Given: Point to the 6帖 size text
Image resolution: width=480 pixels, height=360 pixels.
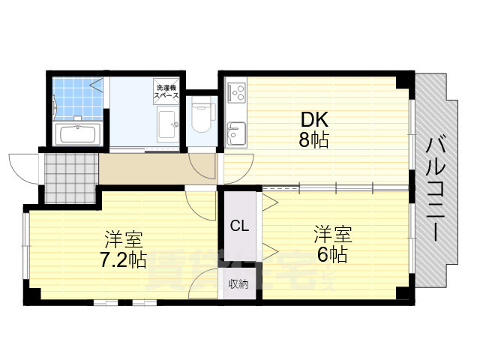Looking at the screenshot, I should (x=331, y=255).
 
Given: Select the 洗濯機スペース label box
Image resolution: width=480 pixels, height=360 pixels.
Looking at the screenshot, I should (x=166, y=91).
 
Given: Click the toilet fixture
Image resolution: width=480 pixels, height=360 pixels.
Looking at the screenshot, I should (x=200, y=115).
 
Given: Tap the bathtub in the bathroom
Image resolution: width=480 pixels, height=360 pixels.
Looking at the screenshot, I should (x=78, y=136).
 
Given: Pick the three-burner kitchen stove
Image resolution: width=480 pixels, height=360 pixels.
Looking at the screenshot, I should (x=238, y=94).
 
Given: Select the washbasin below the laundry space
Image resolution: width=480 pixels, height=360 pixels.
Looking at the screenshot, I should (x=166, y=123).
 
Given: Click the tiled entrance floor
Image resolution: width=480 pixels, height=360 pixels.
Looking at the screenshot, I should (x=70, y=178).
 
